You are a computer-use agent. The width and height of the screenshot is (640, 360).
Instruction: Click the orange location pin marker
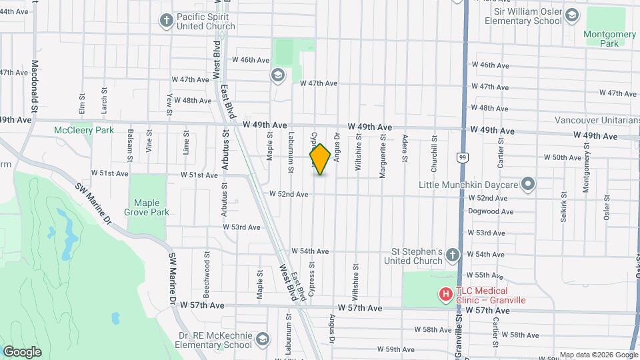point(321,159)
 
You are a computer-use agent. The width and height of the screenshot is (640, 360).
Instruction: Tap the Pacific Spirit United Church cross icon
point(167,20)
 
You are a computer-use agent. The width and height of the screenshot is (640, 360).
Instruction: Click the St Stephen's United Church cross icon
point(452,255)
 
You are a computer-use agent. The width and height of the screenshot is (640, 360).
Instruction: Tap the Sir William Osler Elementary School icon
point(571,15)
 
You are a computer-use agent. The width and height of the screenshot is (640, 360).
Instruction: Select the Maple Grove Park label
point(151,207)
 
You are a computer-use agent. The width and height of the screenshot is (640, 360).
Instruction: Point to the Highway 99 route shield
point(461,157)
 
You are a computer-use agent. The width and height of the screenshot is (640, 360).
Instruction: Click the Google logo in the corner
point(22,351)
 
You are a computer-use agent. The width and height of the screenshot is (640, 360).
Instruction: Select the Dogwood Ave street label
point(491,211)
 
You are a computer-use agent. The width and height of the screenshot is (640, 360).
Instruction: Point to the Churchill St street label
point(433,155)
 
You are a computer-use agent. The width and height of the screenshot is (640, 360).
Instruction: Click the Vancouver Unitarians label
point(597,120)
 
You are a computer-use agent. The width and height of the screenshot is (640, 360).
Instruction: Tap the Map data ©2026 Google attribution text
point(598,355)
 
